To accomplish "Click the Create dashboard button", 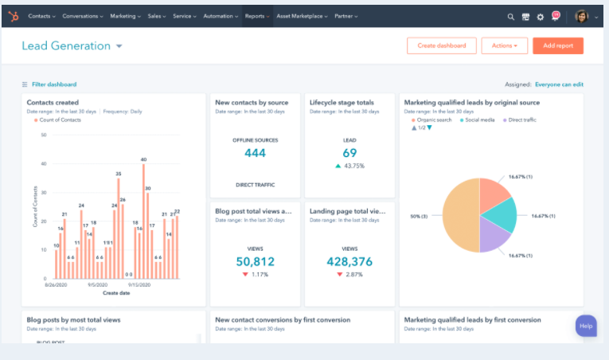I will coord(442,45).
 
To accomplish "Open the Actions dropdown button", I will coord(504,45).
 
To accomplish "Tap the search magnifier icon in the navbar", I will coord(511,16).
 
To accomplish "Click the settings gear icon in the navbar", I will coord(541,16).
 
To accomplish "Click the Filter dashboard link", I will coord(53,84).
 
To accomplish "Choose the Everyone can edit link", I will coord(559,84).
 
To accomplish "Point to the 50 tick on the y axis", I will coord(43,135).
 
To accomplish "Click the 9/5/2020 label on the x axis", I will coord(98,284).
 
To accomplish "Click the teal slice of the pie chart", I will coord(500,216).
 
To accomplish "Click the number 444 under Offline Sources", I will coord(255,153).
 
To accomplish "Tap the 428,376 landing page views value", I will coord(349,261).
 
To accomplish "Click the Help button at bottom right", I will coord(586,326).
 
